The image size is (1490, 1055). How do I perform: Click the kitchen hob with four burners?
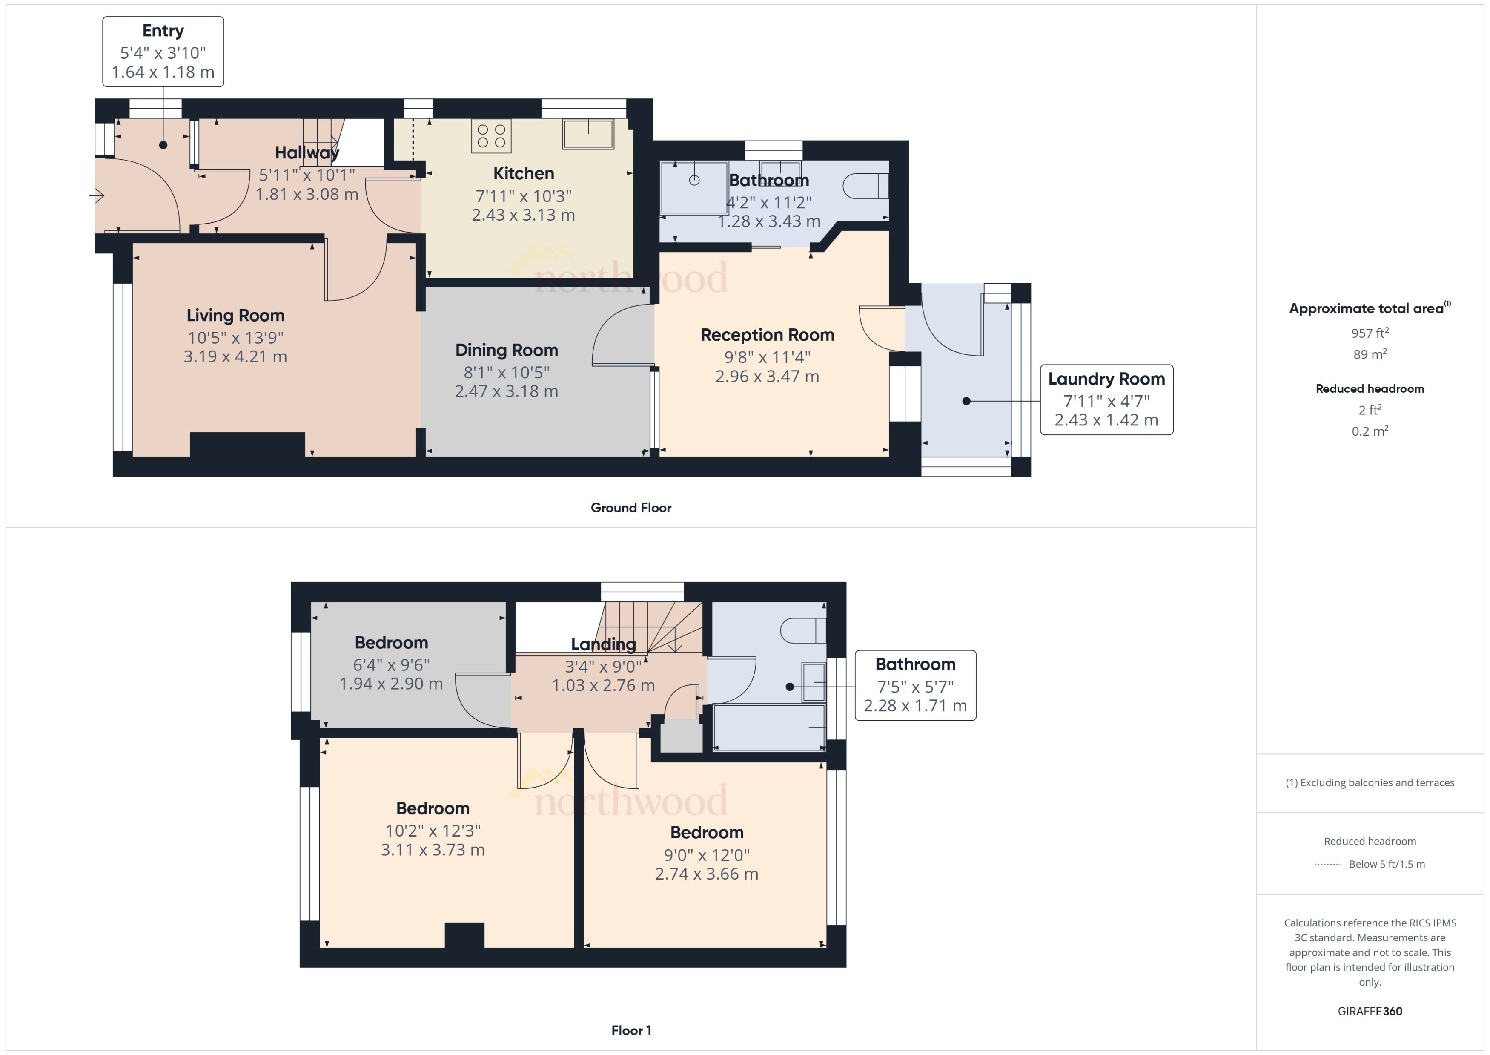[x=491, y=136]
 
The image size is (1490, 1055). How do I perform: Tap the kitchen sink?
[x=587, y=134]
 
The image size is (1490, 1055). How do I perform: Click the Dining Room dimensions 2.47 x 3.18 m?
[x=507, y=391]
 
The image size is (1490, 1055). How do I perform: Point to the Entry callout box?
[x=163, y=51]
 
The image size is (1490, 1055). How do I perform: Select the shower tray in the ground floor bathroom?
[x=693, y=187]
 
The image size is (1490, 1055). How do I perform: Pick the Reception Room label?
[x=767, y=335]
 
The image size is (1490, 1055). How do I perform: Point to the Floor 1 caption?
[x=630, y=1030]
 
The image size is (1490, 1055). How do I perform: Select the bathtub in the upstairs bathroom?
[x=769, y=727]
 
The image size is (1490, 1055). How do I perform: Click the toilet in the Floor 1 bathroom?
[x=802, y=630]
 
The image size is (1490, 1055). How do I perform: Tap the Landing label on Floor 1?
[x=603, y=644]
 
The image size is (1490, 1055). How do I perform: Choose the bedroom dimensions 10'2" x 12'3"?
[x=433, y=831]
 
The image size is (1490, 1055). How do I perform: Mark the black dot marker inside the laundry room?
[x=966, y=402]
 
